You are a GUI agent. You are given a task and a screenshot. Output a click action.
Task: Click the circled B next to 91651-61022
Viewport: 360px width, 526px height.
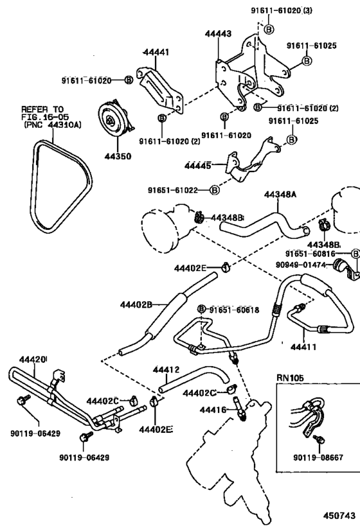[215, 190]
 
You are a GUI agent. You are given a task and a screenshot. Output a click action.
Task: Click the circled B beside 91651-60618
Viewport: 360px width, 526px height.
[201, 310]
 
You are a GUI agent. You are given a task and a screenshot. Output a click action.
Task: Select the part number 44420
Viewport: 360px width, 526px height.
[34, 360]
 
